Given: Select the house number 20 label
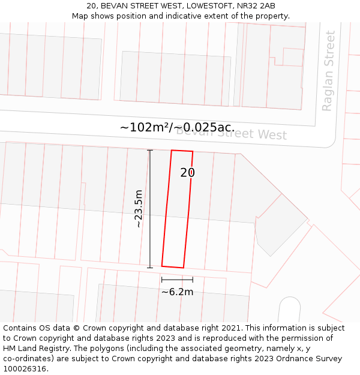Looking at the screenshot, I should (187, 173).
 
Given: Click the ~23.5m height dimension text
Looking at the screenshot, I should (139, 209).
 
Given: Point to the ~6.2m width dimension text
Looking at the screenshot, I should (177, 292).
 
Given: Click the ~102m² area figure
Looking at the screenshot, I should (145, 128).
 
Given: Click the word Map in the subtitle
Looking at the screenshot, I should (80, 16).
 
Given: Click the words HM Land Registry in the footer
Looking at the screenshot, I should (38, 349).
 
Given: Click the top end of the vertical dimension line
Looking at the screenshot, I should (150, 151).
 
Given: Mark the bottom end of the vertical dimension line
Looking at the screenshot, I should (150, 268).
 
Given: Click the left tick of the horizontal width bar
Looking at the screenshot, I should (162, 280).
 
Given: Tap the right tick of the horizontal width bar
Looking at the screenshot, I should (193, 280).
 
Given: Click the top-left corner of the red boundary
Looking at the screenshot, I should (172, 150).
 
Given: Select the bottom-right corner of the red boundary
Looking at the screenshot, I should (183, 268).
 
